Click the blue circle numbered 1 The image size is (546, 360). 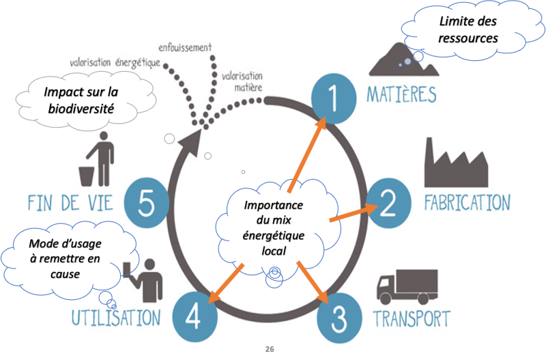[x=334, y=98]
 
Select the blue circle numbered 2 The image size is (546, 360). [x=388, y=203]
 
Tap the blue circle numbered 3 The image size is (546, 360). [x=339, y=318]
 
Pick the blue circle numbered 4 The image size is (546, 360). [x=195, y=316]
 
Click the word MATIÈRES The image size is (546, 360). [x=401, y=94]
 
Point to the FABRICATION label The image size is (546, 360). [x=468, y=203]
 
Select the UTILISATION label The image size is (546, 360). [x=116, y=318]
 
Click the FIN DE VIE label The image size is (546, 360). [x=71, y=203]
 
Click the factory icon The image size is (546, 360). [x=456, y=163]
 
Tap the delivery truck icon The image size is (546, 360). [x=407, y=287]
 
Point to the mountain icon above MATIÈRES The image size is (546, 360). [x=404, y=59]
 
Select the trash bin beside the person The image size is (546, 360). [x=87, y=176]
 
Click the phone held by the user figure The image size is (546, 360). [x=127, y=270]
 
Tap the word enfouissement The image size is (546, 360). [x=185, y=47]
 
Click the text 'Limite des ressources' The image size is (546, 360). [x=468, y=29]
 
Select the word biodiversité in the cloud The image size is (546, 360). [x=81, y=109]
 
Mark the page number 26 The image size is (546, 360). [x=270, y=349]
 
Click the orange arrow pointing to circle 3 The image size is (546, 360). [x=313, y=282]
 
